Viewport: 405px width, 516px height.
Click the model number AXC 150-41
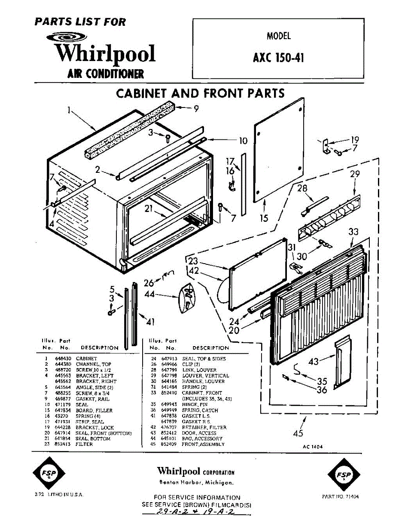click(278, 57)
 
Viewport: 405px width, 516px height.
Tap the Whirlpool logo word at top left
click(105, 54)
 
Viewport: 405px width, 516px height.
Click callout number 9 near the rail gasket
click(196, 109)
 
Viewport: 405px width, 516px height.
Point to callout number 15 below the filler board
click(264, 218)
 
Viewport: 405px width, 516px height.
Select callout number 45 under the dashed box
click(298, 433)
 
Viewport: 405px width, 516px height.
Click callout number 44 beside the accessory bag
click(150, 295)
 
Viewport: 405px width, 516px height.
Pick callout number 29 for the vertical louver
click(354, 174)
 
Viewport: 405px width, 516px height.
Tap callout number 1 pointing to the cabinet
click(69, 111)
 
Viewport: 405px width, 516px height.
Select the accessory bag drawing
click(186, 297)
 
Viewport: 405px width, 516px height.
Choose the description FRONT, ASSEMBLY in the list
click(203, 444)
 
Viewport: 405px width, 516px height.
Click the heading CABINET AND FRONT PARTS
click(201, 93)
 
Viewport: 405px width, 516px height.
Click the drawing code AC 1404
click(313, 447)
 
